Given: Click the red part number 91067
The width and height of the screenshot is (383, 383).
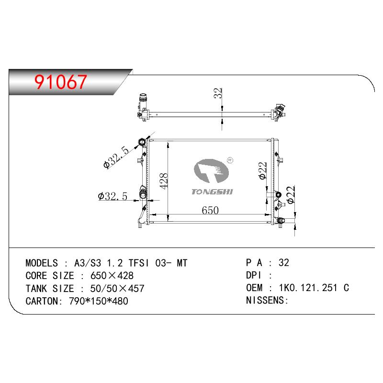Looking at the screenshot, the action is pyautogui.click(x=61, y=81).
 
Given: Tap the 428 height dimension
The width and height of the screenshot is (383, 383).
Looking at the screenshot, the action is pyautogui.click(x=164, y=181).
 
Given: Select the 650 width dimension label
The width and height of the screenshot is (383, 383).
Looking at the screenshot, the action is pyautogui.click(x=210, y=211).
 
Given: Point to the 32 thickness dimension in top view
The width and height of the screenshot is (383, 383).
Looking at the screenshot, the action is pyautogui.click(x=218, y=93).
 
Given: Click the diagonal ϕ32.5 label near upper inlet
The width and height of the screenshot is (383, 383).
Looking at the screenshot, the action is pyautogui.click(x=116, y=158).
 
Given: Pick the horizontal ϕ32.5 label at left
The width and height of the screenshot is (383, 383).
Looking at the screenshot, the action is pyautogui.click(x=113, y=196).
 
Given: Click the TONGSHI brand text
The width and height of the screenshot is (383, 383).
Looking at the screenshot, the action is pyautogui.click(x=212, y=192).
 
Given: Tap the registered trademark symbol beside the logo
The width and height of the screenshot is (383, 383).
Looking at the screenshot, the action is pyautogui.click(x=230, y=160).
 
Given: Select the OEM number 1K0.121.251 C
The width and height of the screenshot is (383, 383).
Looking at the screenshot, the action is pyautogui.click(x=314, y=288).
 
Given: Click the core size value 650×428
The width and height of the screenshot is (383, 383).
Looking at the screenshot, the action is pyautogui.click(x=112, y=276).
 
